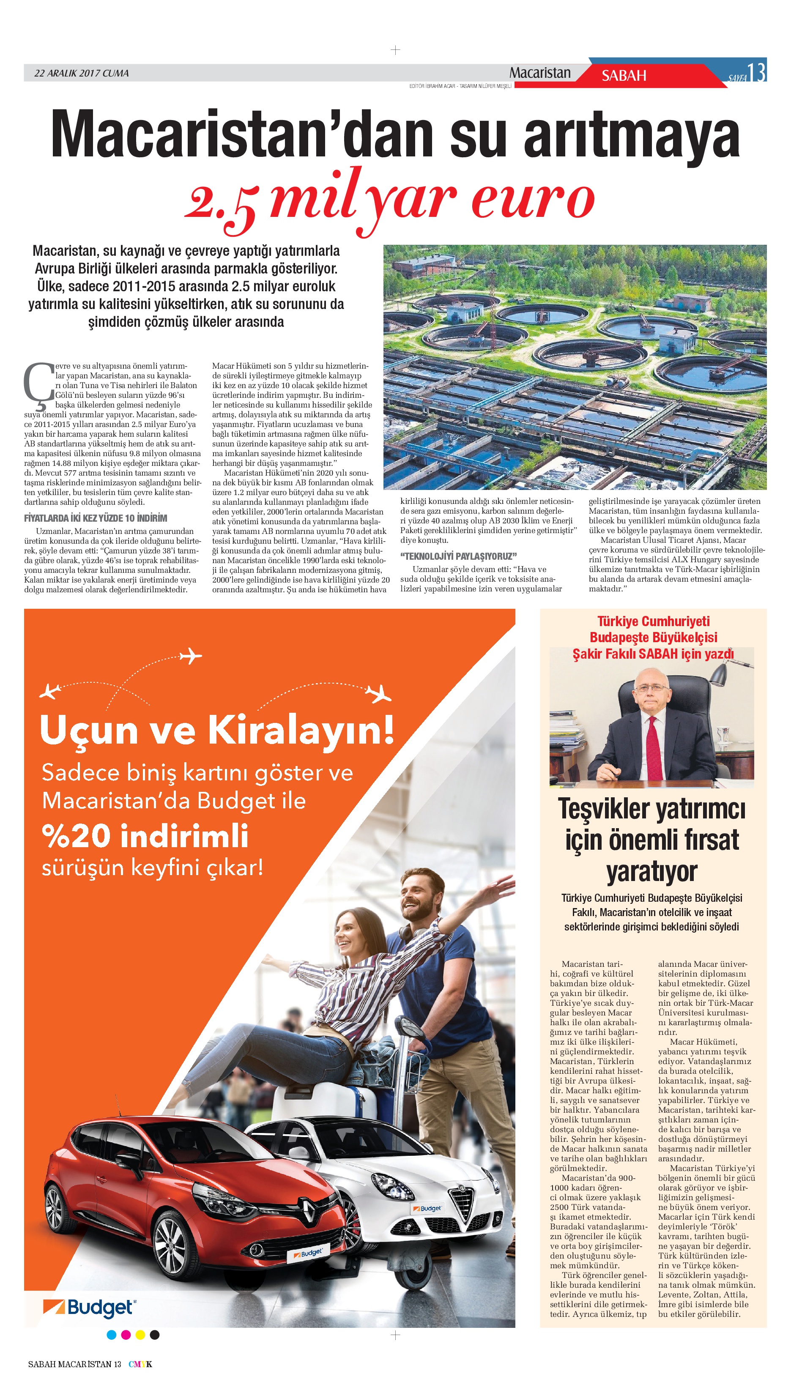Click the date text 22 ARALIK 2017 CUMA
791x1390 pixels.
(82, 73)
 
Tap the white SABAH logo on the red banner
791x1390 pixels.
(624, 76)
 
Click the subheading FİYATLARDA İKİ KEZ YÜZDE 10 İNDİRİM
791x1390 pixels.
(96, 518)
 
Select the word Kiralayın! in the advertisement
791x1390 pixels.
(301, 731)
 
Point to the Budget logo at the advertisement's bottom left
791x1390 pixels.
(89, 1308)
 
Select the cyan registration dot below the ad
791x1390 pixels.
(111, 1335)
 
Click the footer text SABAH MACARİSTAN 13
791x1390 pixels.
(74, 1364)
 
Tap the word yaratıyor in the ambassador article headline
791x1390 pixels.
(652, 872)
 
